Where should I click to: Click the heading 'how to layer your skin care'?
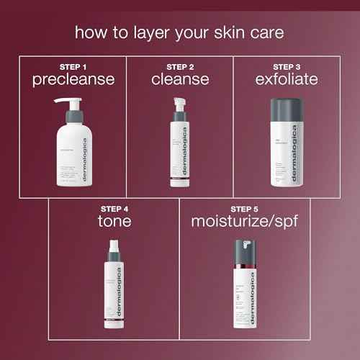pyautogui.click(x=179, y=33)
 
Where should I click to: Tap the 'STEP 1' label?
pyautogui.click(x=73, y=67)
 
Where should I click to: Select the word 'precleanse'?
pyautogui.click(x=73, y=79)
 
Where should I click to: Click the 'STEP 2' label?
pyautogui.click(x=179, y=67)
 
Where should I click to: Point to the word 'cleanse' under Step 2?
pyautogui.click(x=179, y=79)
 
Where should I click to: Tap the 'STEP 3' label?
pyautogui.click(x=286, y=67)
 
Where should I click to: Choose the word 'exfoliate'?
pyautogui.click(x=286, y=79)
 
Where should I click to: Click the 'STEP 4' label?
pyautogui.click(x=116, y=209)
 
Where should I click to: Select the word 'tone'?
pyautogui.click(x=116, y=221)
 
